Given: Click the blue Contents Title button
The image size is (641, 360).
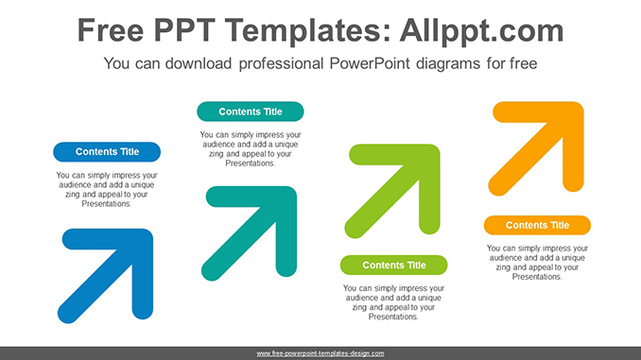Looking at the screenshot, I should [107, 151].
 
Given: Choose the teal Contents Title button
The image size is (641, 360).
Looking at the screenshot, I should [251, 111].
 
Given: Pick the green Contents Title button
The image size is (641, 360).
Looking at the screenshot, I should [394, 265].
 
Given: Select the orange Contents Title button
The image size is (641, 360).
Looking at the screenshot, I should [537, 225].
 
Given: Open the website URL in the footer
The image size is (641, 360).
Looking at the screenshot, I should [320, 353].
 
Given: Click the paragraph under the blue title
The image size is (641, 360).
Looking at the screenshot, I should [107, 190].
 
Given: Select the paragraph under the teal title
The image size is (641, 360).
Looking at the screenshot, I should [251, 149].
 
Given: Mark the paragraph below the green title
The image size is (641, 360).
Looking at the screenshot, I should [394, 302].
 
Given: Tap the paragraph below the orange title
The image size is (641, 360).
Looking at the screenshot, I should [537, 263].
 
